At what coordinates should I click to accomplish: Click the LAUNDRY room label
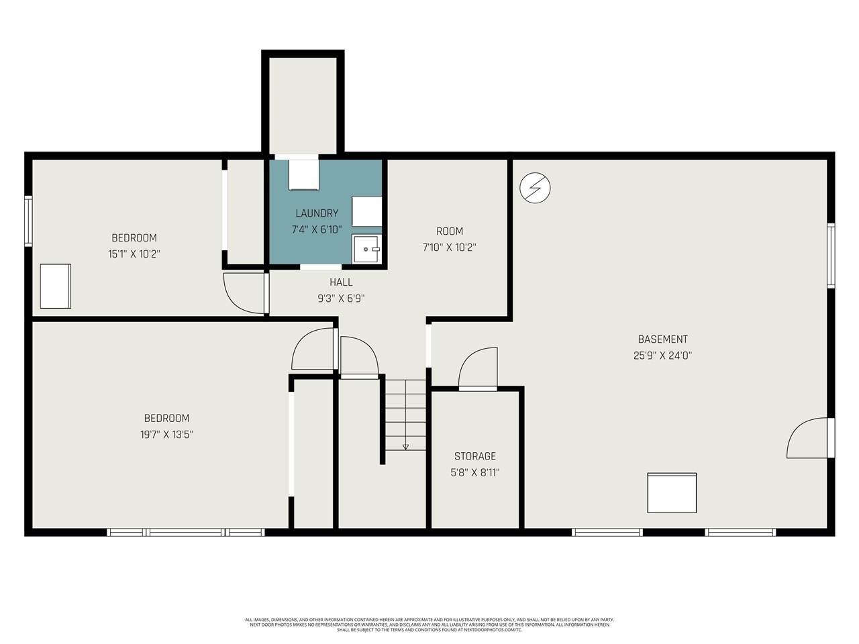317,213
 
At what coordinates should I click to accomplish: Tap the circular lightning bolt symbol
535,189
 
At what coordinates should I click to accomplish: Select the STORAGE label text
475,456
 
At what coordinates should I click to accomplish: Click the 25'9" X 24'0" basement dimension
662,356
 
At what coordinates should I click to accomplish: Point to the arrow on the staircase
405,446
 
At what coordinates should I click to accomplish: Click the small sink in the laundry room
367,249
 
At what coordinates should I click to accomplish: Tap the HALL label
341,282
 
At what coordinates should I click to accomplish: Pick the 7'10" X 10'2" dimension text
449,247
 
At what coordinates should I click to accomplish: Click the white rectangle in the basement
672,493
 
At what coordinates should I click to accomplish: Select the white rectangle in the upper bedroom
55,286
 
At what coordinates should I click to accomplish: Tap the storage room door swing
478,368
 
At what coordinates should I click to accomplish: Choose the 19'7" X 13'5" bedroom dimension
166,434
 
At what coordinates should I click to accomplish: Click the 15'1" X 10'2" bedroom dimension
134,254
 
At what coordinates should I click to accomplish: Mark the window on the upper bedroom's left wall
28,220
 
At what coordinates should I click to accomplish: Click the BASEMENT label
662,339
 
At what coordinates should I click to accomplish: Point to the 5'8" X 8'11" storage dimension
475,472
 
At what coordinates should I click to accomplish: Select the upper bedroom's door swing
244,292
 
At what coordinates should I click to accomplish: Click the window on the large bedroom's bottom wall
186,533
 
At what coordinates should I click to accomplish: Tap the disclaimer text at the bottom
429,625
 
